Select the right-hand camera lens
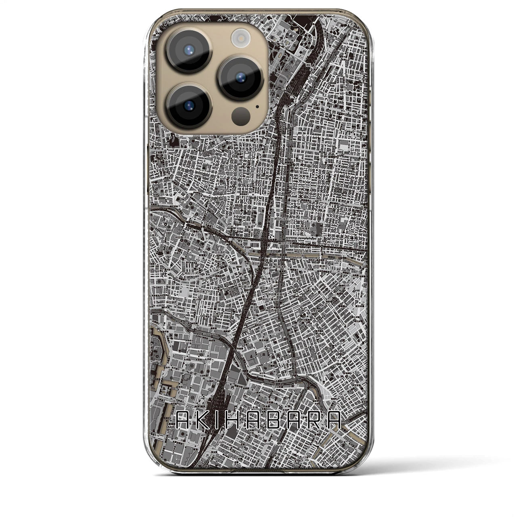click(x=240, y=77)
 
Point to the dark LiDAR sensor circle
click(x=242, y=116)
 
